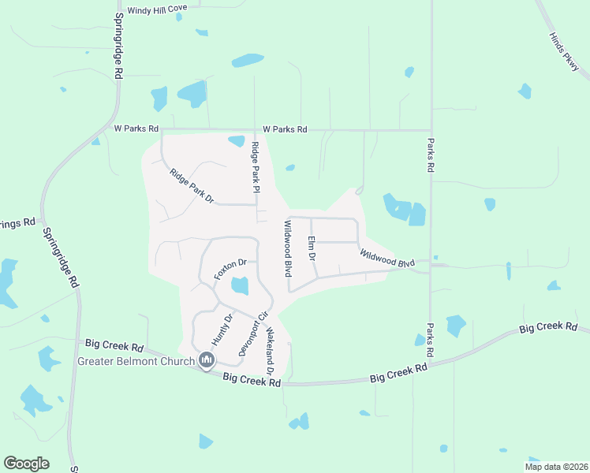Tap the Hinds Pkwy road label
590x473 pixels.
click(x=565, y=53)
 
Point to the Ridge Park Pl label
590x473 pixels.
click(x=256, y=167)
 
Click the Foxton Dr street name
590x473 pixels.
click(x=230, y=268)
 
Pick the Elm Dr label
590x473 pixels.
click(x=312, y=248)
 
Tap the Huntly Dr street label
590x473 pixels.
click(x=222, y=330)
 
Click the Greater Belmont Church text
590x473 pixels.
click(x=136, y=363)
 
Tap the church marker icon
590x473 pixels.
click(x=207, y=361)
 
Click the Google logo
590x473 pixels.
click(x=26, y=464)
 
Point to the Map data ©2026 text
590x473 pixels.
click(x=556, y=466)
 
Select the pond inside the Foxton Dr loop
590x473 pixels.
click(x=240, y=285)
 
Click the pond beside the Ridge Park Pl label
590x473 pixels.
click(x=236, y=141)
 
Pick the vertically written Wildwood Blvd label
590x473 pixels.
click(x=288, y=248)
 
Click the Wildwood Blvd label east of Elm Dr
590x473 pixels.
click(x=387, y=258)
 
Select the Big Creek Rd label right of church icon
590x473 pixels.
click(x=252, y=380)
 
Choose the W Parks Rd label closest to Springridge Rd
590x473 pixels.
click(x=136, y=128)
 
